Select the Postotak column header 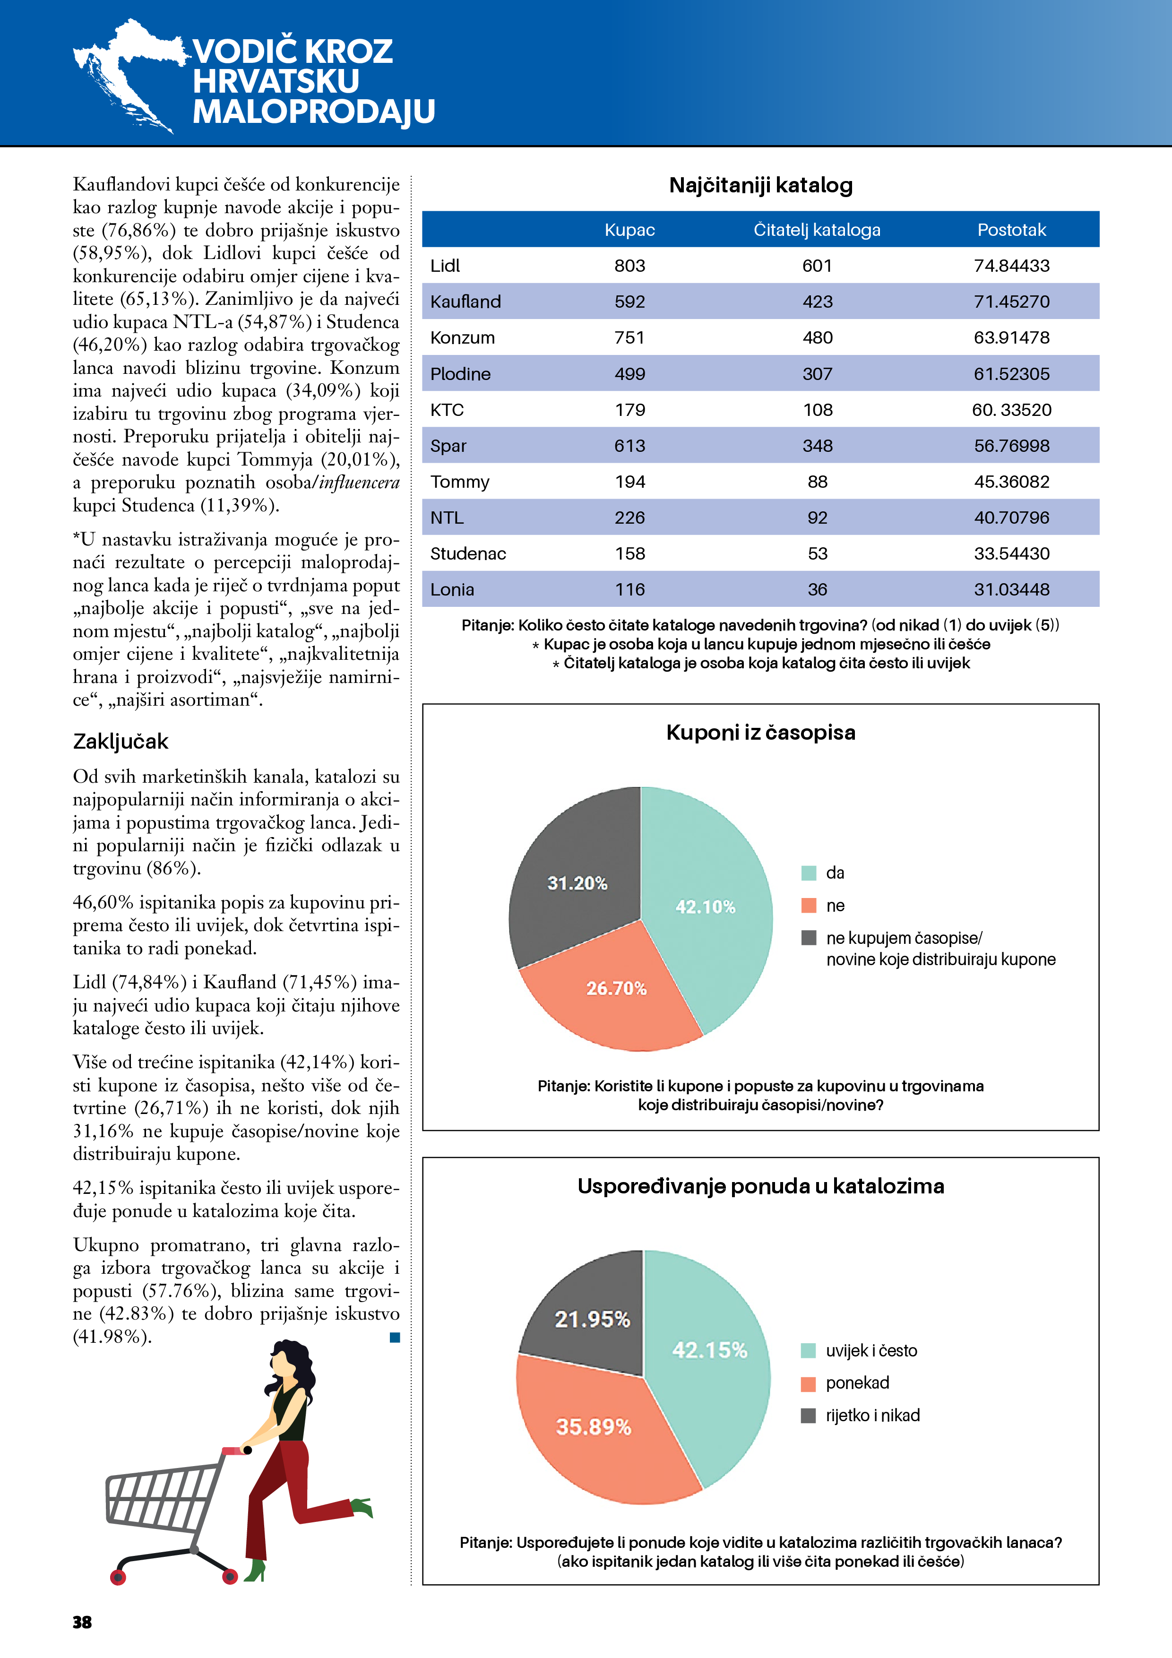click(x=1011, y=230)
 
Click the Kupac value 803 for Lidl click(x=629, y=266)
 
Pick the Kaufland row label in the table click(x=465, y=302)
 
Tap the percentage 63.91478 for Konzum click(x=1011, y=338)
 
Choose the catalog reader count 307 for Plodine click(x=818, y=374)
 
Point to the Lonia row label click(x=452, y=590)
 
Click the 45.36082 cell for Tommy click(x=1011, y=482)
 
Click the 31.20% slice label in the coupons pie click(x=577, y=883)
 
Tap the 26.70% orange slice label click(x=616, y=988)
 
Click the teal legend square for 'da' click(x=809, y=873)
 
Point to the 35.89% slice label click(x=594, y=1427)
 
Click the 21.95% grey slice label click(x=592, y=1319)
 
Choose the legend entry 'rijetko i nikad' click(x=872, y=1416)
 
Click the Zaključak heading click(x=121, y=742)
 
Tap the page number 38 click(x=82, y=1623)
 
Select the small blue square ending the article click(x=395, y=1338)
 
